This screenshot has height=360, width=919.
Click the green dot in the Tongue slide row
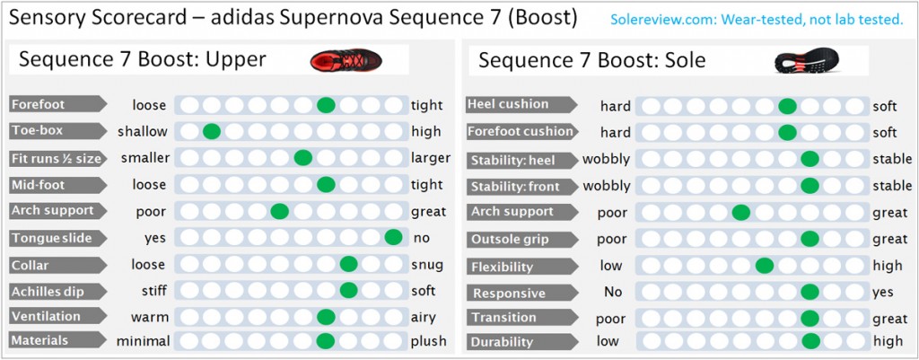pyautogui.click(x=392, y=238)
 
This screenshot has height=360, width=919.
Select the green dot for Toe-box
pyautogui.click(x=212, y=131)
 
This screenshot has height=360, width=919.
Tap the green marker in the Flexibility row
pyautogui.click(x=765, y=266)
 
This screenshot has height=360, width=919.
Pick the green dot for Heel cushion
pyautogui.click(x=787, y=106)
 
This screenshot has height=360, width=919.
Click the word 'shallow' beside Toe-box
pyautogui.click(x=142, y=132)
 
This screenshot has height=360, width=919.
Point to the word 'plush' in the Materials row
pyautogui.click(x=427, y=341)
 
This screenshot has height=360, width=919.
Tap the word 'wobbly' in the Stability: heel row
pyautogui.click(x=607, y=160)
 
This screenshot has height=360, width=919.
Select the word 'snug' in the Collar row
pyautogui.click(x=426, y=265)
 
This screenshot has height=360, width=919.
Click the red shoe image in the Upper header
pyautogui.click(x=346, y=60)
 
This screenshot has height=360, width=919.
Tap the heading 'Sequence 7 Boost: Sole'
pyautogui.click(x=591, y=61)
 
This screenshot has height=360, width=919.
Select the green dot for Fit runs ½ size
pyautogui.click(x=303, y=158)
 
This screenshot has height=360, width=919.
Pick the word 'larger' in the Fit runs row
pyautogui.click(x=431, y=158)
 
